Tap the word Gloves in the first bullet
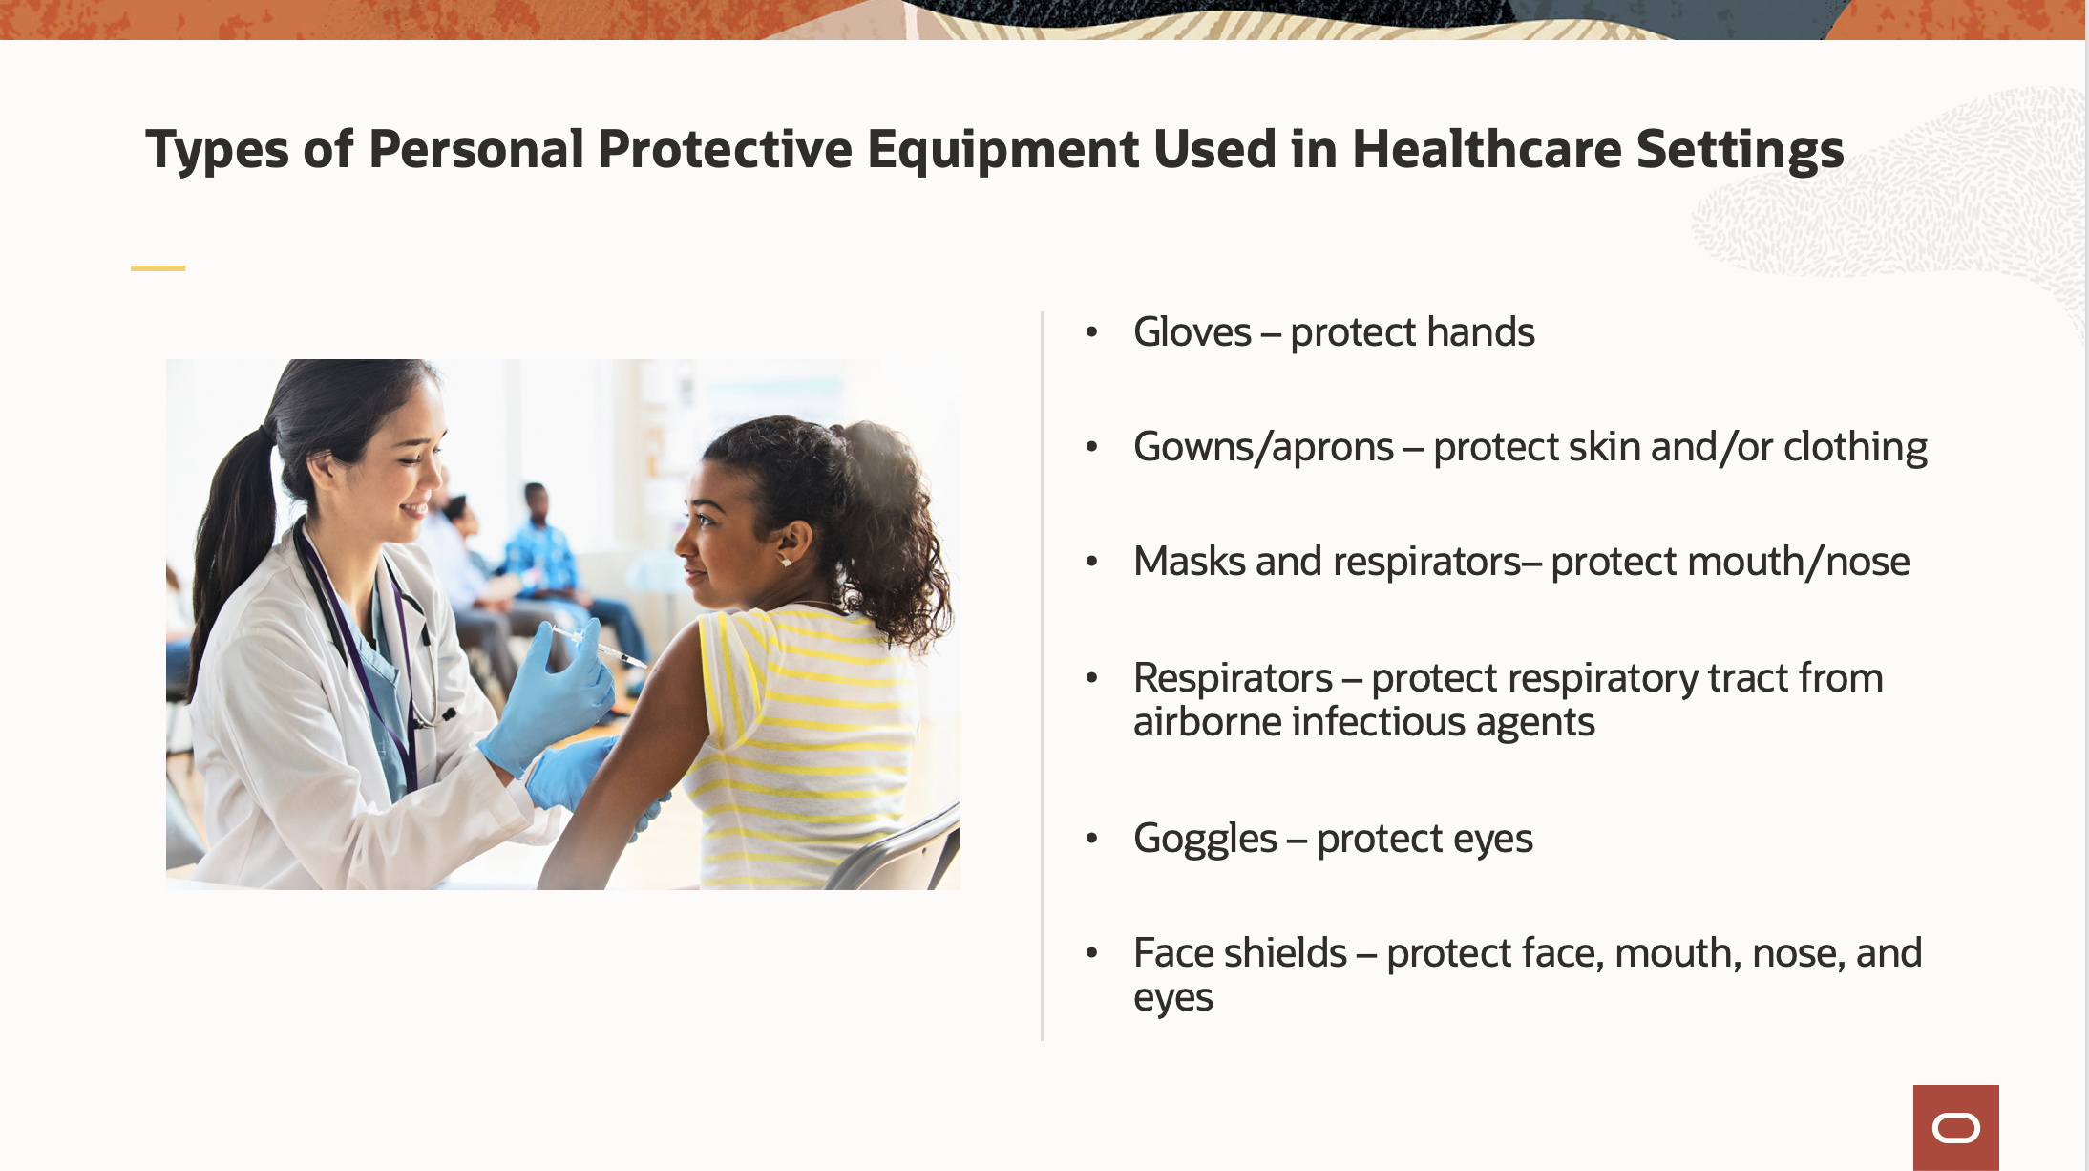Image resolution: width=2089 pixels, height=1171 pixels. (1192, 332)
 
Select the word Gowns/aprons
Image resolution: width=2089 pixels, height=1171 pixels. (1263, 448)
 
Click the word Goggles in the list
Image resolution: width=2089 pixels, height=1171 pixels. (1205, 840)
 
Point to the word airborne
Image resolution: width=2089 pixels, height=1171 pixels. (1207, 722)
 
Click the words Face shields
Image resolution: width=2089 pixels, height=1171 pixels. (1240, 953)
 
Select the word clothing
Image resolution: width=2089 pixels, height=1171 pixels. (1855, 448)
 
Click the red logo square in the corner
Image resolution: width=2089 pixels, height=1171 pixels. (1955, 1128)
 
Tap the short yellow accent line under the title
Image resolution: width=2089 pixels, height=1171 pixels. (158, 268)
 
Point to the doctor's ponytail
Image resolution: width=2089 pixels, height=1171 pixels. (227, 535)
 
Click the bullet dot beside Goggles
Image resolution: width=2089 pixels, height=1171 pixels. (1092, 839)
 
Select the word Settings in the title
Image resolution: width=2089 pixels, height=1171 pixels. (1740, 150)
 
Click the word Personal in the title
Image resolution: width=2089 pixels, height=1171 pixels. (475, 150)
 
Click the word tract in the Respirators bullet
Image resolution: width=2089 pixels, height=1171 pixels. (1749, 678)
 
